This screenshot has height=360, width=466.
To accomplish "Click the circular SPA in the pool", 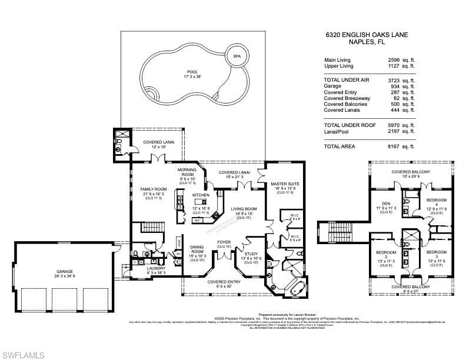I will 237,56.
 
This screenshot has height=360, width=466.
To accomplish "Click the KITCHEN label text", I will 201,195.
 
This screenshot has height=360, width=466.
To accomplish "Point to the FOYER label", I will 224,242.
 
